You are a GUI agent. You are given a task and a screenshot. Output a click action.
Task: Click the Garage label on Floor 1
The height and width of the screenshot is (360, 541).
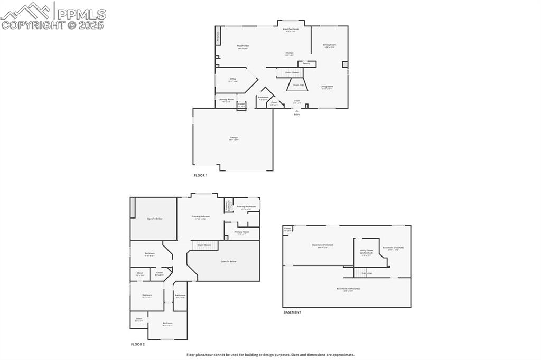(234, 138)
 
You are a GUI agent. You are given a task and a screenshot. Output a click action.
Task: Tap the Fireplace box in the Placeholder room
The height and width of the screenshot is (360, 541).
(217, 37)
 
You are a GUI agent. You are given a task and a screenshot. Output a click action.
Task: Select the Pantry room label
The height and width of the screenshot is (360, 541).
(306, 63)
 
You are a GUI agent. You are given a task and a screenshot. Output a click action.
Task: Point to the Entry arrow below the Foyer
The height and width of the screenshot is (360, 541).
(296, 111)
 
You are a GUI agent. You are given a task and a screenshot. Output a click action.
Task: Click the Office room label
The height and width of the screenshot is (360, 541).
(233, 80)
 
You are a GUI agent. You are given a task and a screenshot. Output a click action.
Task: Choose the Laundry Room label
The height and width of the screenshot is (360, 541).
(226, 100)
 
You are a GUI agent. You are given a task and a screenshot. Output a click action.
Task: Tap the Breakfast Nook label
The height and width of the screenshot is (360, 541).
(291, 30)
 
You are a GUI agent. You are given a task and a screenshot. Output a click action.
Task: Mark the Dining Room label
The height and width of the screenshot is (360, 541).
(330, 45)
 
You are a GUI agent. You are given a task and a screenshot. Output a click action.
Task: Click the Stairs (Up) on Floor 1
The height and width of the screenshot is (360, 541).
(298, 84)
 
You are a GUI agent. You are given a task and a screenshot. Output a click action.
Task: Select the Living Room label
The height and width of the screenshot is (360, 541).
(327, 87)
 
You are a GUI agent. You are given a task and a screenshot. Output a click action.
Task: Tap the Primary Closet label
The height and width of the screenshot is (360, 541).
(242, 232)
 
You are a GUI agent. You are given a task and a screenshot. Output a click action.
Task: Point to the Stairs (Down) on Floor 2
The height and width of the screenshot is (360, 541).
(204, 245)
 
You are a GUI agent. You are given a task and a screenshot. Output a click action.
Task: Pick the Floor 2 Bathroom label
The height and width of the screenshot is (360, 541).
(180, 296)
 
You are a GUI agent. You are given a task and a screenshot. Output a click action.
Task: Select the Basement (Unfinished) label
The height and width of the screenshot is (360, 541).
(348, 289)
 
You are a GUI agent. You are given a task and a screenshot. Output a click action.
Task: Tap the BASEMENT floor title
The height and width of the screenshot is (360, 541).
(292, 312)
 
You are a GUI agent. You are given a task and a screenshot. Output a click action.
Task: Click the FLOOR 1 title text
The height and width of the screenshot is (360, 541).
(200, 175)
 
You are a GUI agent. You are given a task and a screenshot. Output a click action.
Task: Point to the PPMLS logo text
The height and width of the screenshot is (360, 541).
(80, 14)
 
